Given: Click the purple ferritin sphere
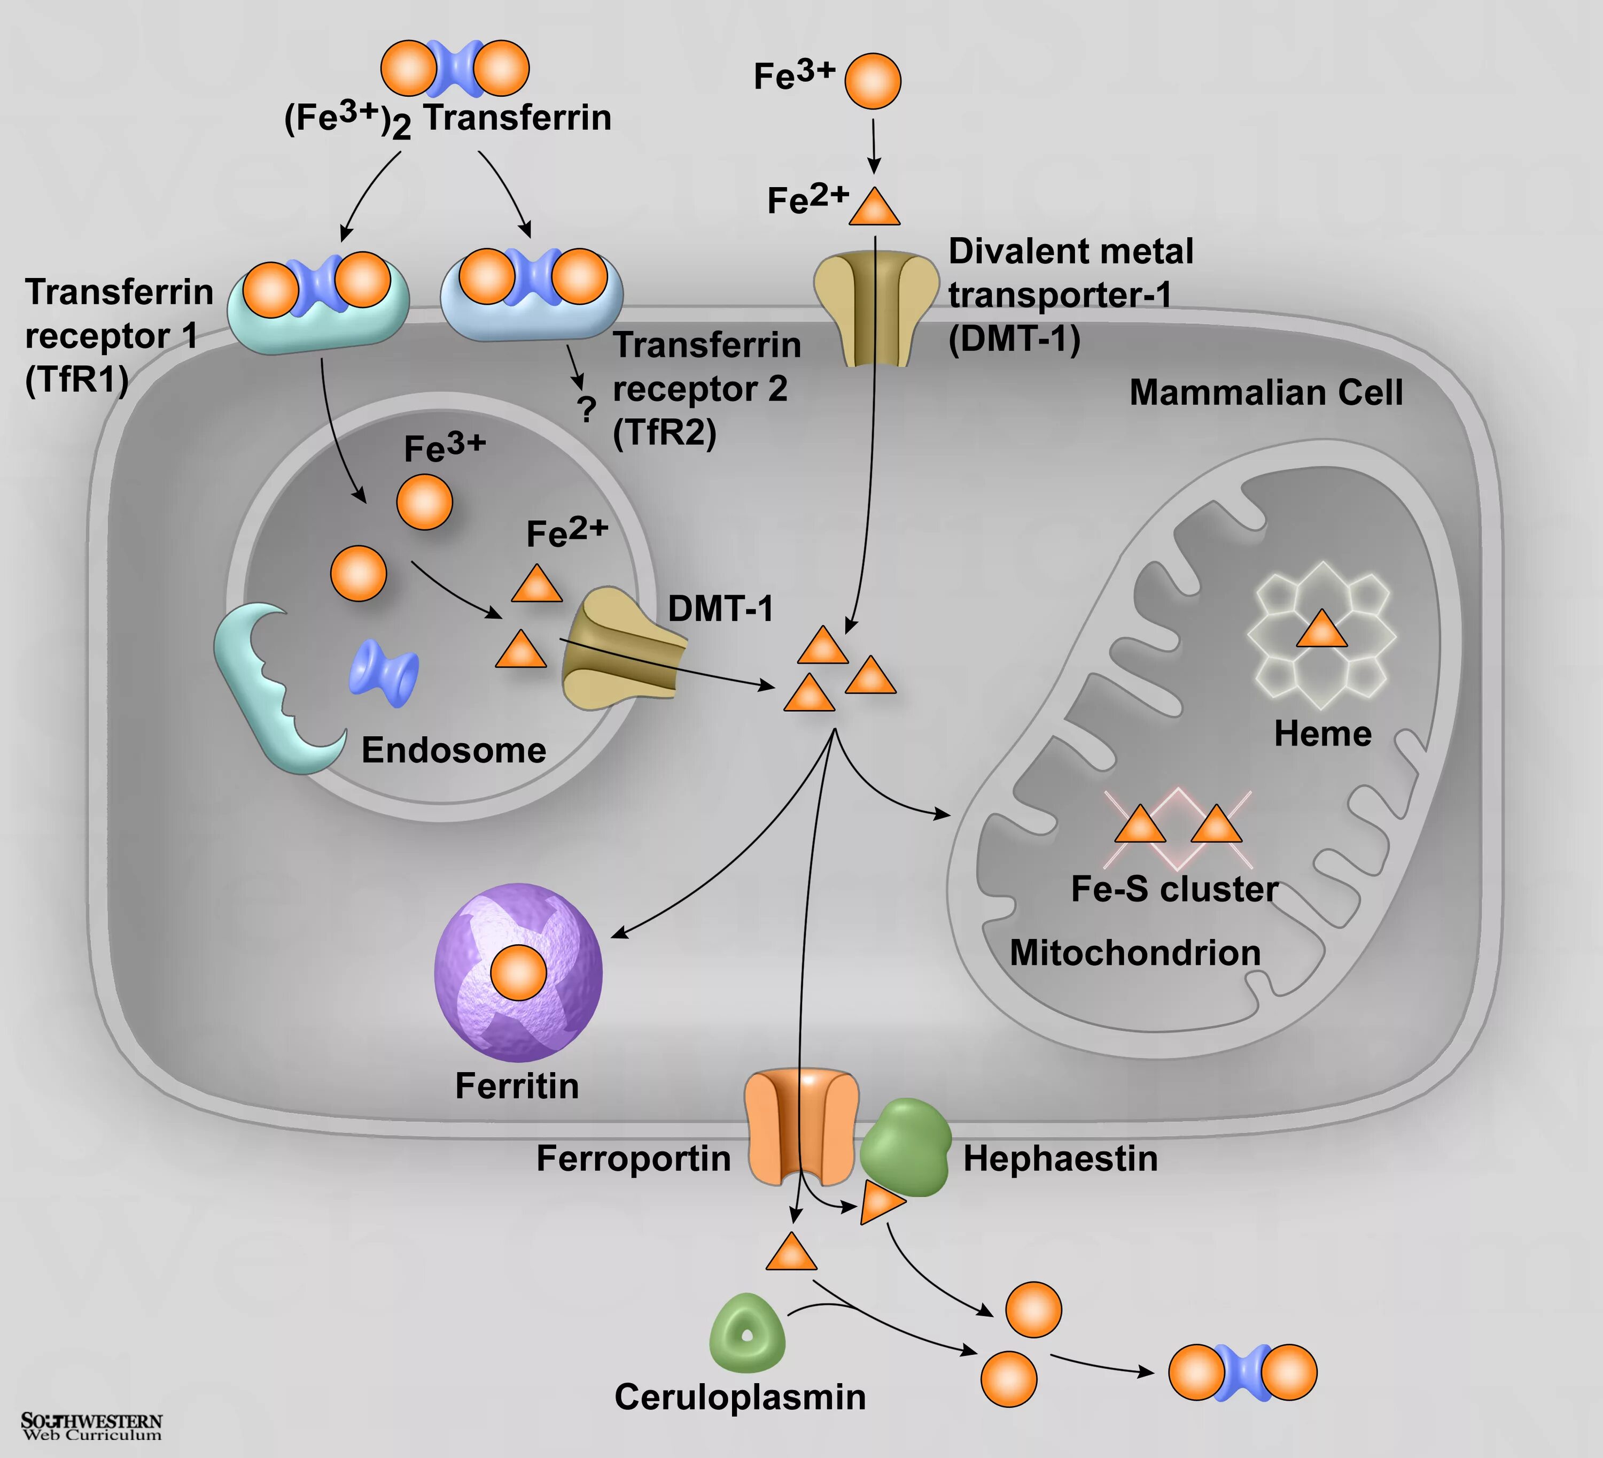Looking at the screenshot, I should click(518, 972).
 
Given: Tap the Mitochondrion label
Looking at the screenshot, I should click(1135, 953).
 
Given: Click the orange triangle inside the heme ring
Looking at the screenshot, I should click(1321, 629).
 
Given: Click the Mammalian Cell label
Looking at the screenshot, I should click(1266, 393).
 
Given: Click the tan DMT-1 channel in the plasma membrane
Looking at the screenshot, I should click(875, 310).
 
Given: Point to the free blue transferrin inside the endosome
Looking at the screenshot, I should click(384, 673).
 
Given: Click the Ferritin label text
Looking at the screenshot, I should click(517, 1086).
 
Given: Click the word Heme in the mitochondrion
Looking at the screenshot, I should click(1322, 734).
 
